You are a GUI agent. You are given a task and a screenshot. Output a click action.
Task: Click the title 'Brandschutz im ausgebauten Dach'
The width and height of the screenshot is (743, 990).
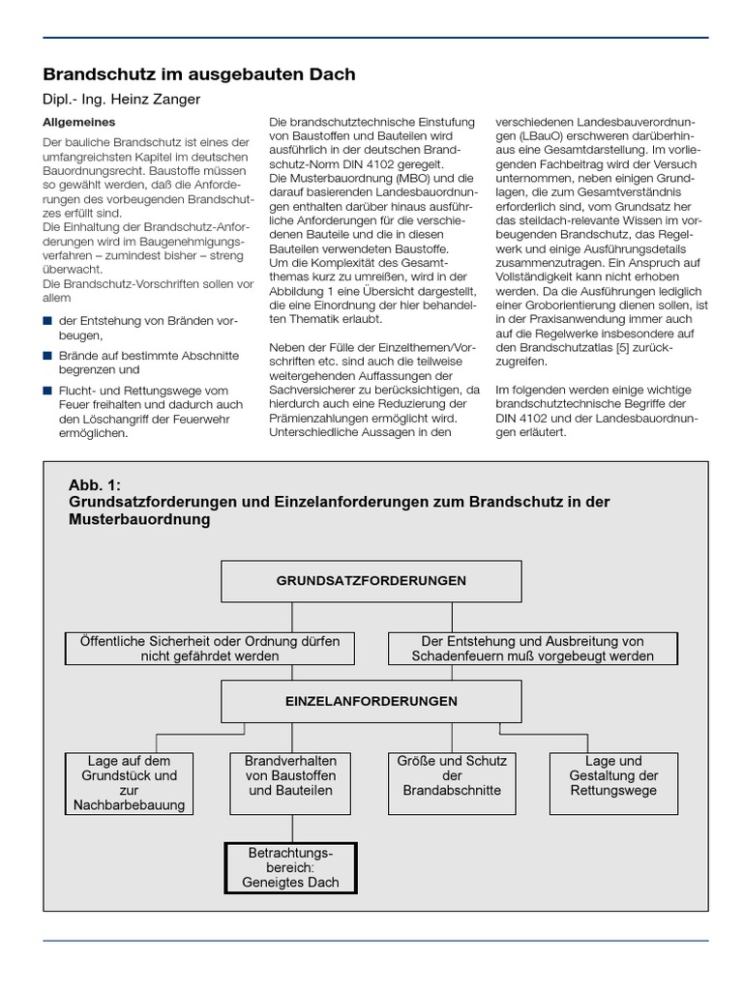(199, 74)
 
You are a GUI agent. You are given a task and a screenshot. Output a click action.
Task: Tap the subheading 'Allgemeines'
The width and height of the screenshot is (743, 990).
(79, 123)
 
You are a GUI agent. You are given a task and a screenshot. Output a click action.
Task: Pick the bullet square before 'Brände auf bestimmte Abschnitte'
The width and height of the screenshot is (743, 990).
(48, 356)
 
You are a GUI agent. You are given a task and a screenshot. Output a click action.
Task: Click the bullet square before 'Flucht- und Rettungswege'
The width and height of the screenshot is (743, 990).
(48, 390)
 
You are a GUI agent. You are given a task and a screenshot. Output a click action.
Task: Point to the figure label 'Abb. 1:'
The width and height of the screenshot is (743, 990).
(95, 485)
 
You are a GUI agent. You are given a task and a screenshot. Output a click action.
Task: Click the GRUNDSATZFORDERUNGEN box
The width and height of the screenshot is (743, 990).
(371, 581)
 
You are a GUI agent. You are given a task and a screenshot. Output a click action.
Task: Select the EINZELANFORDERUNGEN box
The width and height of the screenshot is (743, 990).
(371, 701)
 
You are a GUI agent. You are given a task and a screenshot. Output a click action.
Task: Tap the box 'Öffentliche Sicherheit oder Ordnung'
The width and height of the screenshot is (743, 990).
(209, 649)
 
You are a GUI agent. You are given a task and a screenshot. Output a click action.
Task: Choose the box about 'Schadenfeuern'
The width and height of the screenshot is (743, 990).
(532, 649)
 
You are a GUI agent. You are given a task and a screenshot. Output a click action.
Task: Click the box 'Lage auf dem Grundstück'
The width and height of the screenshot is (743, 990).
(126, 783)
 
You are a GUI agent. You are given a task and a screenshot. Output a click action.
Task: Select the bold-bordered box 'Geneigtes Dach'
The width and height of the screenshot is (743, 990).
(290, 867)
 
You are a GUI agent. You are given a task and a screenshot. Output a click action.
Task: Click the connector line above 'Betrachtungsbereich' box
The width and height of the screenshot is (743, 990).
(291, 828)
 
